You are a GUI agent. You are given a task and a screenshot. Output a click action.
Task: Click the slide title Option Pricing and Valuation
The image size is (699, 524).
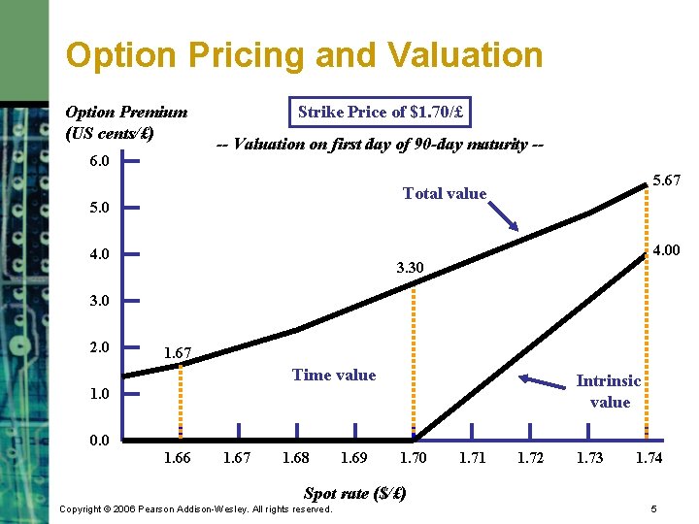coord(304,54)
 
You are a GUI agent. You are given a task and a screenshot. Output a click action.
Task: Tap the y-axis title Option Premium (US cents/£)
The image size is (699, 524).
coord(125,122)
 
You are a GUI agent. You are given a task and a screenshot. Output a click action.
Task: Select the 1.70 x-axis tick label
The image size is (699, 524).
coord(414,458)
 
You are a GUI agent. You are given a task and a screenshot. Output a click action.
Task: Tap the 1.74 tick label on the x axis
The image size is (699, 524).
coord(649,458)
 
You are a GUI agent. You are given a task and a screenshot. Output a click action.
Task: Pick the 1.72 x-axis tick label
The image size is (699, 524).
coord(530,458)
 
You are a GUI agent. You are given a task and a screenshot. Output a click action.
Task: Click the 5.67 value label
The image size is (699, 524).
coord(666,181)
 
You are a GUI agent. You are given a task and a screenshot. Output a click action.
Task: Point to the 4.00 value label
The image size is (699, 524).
coord(666,250)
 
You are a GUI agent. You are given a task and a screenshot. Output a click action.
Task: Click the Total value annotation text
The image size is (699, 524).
coord(445,194)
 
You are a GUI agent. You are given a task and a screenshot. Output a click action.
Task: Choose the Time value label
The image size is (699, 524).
coord(334,376)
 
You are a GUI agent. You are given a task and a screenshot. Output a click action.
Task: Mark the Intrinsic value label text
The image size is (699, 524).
coord(609,392)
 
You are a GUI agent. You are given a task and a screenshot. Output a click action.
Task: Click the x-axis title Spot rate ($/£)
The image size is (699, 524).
coord(354,493)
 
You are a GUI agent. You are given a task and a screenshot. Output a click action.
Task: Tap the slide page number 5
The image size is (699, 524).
coord(654,509)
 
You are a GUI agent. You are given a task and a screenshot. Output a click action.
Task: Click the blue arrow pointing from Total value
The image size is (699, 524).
coord(505,216)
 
